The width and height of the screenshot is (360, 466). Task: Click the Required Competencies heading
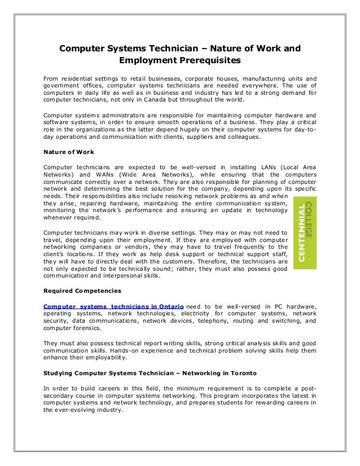tap(81, 291)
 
